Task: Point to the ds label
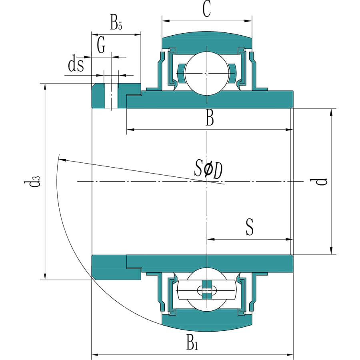76,65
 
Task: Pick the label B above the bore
210,119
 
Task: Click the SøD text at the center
208,170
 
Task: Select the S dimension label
250,227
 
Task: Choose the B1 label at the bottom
192,343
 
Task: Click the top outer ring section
206,40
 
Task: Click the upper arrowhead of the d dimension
331,112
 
